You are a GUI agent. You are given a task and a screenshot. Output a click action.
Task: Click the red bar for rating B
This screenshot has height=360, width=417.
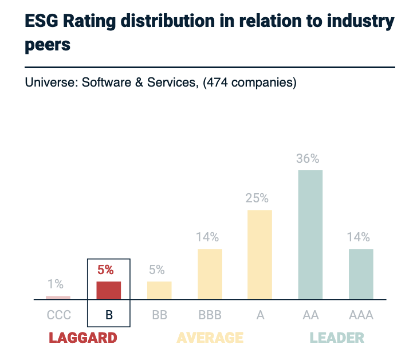pos(108,290)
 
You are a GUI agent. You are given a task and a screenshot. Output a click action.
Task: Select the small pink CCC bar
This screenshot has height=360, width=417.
pos(58,298)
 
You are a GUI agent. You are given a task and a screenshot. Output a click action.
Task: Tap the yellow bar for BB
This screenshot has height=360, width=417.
pos(159,290)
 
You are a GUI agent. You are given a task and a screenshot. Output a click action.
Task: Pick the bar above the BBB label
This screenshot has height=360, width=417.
pos(210,274)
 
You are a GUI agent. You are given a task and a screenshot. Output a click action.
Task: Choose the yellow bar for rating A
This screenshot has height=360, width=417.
pos(259,255)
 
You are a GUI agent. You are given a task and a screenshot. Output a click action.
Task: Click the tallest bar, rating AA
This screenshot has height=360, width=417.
pos(310,234)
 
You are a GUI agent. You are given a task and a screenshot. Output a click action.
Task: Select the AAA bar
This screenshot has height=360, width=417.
pos(361,274)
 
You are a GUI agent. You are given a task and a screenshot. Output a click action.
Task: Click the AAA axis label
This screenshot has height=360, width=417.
pos(361,315)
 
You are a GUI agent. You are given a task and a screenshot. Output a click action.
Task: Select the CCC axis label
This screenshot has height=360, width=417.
pos(58,315)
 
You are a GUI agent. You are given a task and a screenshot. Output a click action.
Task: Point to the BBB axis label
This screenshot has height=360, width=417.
pos(210,315)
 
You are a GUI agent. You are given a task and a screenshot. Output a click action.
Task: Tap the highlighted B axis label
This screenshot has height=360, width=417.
pos(109,315)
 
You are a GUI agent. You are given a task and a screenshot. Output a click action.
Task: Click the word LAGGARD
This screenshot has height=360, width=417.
pos(83,338)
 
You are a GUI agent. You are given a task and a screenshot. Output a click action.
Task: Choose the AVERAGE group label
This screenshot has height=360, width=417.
pos(210,338)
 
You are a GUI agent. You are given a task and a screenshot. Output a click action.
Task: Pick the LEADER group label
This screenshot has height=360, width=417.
pos(337,338)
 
